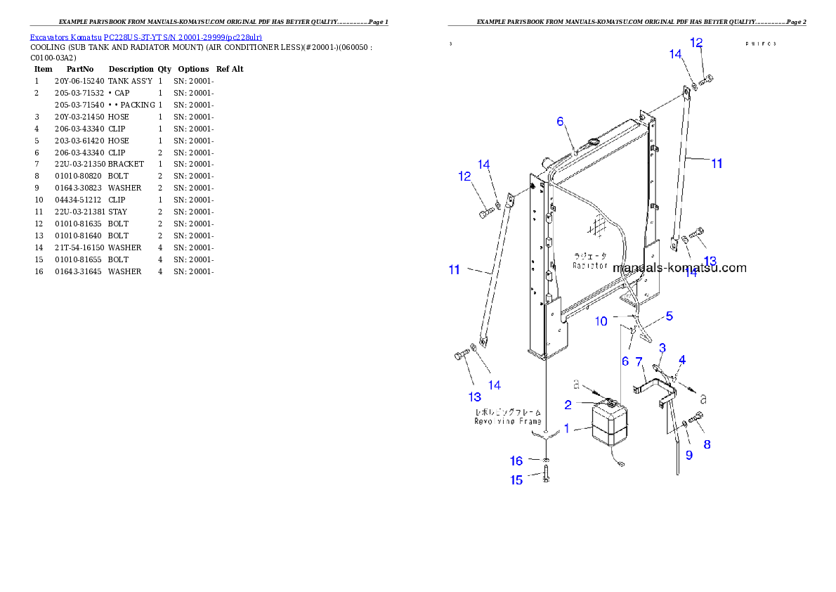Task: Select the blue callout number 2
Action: pyautogui.click(x=568, y=404)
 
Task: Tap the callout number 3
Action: pyautogui.click(x=662, y=348)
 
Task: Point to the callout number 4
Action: pyautogui.click(x=682, y=360)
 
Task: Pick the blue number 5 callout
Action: pyautogui.click(x=670, y=316)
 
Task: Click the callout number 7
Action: pyautogui.click(x=639, y=362)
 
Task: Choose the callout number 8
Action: pyautogui.click(x=707, y=444)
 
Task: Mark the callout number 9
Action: pyautogui.click(x=688, y=455)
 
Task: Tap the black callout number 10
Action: pyautogui.click(x=601, y=321)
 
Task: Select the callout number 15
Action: pyautogui.click(x=517, y=480)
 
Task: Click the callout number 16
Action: pyautogui.click(x=517, y=461)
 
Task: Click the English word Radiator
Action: pyautogui.click(x=589, y=266)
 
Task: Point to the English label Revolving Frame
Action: pyautogui.click(x=507, y=421)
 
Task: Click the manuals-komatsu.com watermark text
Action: pyautogui.click(x=679, y=268)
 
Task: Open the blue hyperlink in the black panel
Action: pyautogui.click(x=145, y=37)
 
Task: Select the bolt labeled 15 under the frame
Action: pyautogui.click(x=547, y=476)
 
